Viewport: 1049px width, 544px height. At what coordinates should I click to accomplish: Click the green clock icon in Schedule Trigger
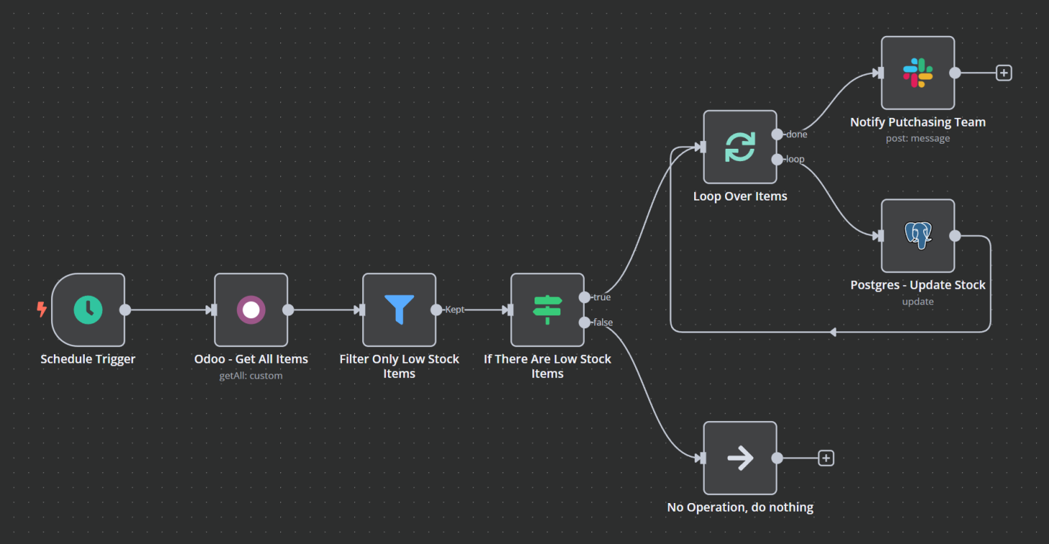click(x=88, y=310)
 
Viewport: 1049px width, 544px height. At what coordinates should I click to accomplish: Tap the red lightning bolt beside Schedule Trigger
click(x=42, y=310)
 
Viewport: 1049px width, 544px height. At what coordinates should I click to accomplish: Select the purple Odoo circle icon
click(x=251, y=310)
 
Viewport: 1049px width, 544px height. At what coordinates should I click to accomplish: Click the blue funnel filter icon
click(x=399, y=310)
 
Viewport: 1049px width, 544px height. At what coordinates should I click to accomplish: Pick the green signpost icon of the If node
click(x=547, y=310)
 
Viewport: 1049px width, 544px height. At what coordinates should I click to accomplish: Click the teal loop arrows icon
click(x=739, y=147)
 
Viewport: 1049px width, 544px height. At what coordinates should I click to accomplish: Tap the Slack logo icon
click(x=918, y=73)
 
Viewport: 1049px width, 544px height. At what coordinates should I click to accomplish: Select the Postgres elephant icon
click(x=918, y=236)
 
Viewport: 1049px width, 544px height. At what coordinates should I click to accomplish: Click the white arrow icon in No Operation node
click(x=739, y=458)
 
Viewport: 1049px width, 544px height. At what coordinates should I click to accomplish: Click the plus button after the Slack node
click(x=1004, y=73)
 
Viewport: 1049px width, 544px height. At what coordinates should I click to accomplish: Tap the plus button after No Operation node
click(x=826, y=458)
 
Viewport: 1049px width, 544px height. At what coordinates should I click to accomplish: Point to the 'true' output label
click(x=602, y=298)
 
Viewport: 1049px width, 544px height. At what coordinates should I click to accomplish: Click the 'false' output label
click(x=603, y=323)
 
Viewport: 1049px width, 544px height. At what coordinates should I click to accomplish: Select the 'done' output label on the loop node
click(x=797, y=134)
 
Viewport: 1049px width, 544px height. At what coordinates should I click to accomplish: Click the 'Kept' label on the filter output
click(x=455, y=310)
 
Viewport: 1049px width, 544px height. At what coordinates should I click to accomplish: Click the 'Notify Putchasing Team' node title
click(x=918, y=122)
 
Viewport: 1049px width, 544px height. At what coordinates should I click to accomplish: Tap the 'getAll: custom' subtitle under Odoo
click(x=251, y=376)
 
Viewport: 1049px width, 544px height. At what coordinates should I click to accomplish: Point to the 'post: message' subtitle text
click(x=918, y=139)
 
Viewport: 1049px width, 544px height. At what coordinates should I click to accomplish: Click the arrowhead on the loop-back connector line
click(x=832, y=332)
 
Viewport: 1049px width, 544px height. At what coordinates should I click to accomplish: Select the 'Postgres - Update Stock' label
click(x=918, y=285)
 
